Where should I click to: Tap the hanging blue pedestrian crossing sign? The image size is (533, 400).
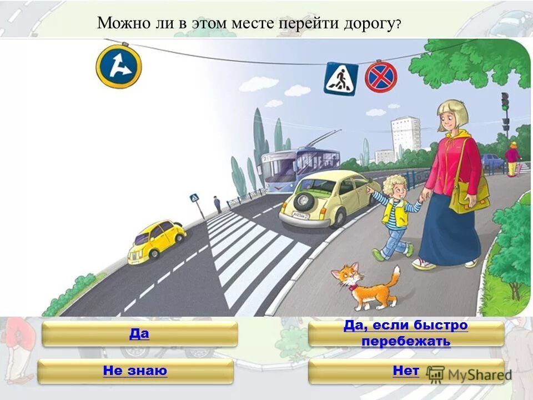pyautogui.click(x=341, y=79)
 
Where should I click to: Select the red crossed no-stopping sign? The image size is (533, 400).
pyautogui.click(x=381, y=77)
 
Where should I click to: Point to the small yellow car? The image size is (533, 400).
pyautogui.click(x=157, y=240)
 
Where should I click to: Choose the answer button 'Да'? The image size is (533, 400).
pyautogui.click(x=139, y=334)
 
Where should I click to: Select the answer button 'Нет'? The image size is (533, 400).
pyautogui.click(x=406, y=371)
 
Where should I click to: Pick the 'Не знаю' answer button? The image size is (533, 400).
pyautogui.click(x=135, y=371)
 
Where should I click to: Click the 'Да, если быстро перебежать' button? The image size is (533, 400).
pyautogui.click(x=406, y=333)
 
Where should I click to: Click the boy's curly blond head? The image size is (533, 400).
pyautogui.click(x=395, y=186)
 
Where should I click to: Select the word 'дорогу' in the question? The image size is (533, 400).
pyautogui.click(x=368, y=24)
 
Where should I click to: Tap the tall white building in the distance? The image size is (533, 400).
pyautogui.click(x=405, y=136)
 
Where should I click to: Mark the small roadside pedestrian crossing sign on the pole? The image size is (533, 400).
pyautogui.click(x=194, y=198)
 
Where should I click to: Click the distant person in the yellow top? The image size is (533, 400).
pyautogui.click(x=511, y=158)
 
